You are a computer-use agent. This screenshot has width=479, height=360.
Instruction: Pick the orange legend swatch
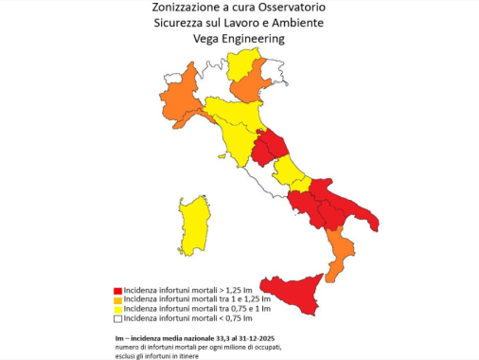(x=117, y=298)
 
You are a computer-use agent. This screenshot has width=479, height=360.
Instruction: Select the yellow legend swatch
(x=117, y=309)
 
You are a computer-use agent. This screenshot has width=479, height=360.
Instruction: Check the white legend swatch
(x=117, y=319)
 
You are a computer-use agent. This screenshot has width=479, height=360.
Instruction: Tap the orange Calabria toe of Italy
(x=340, y=251)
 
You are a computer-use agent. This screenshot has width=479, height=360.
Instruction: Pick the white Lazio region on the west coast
(x=275, y=189)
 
